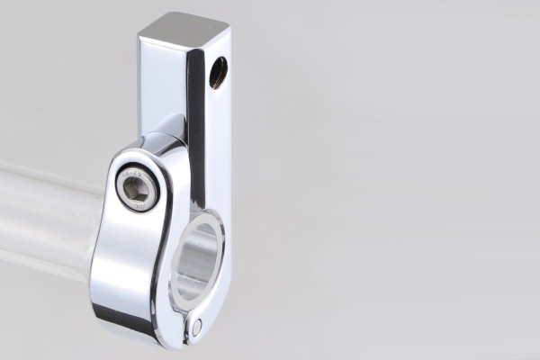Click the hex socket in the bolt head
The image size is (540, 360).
(x=138, y=186)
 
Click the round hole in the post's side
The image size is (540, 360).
(x=218, y=73)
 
